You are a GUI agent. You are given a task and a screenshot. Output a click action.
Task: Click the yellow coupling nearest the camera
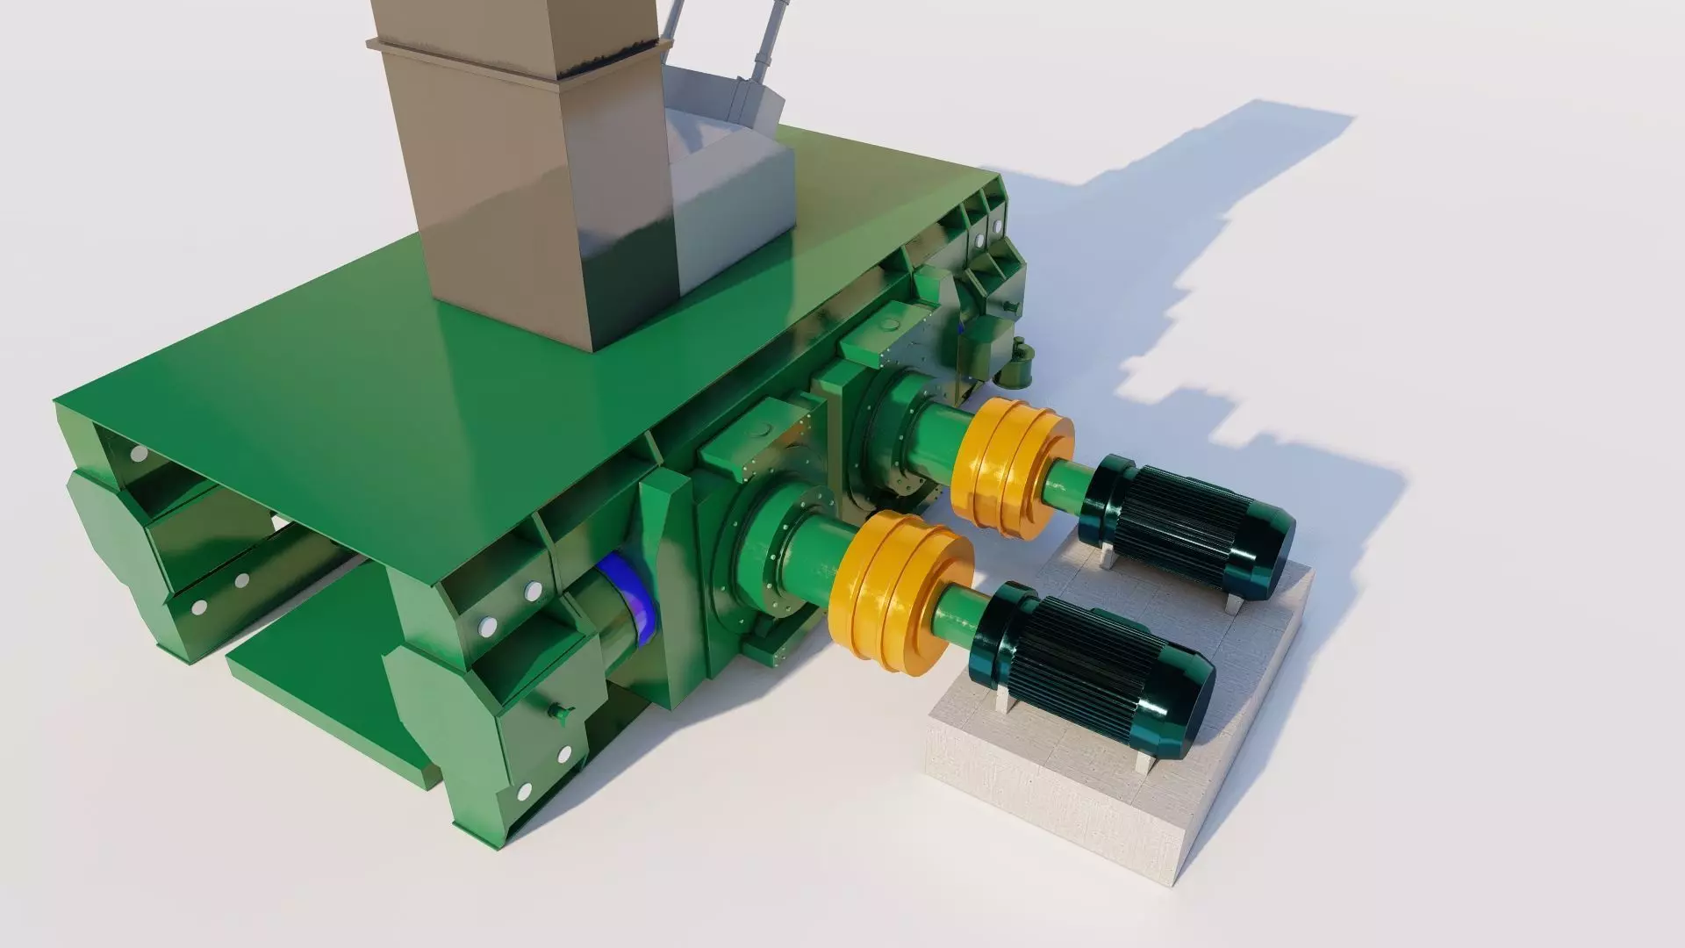900,597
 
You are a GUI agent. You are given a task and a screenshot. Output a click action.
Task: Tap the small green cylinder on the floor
1018,364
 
